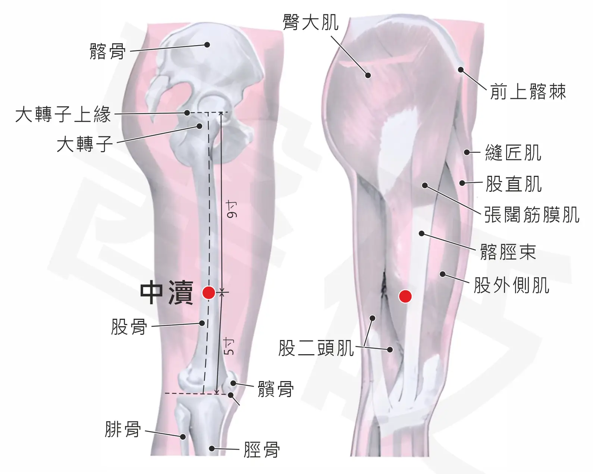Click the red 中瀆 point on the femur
coord(208,293)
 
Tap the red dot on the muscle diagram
coord(405,296)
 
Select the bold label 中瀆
coord(167,293)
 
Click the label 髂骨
coord(108,52)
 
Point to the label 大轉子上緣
coord(63,115)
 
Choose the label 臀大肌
coord(311,22)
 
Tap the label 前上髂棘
coord(528,91)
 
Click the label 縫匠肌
coord(513,153)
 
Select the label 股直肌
coord(514,184)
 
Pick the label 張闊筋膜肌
coord(532,215)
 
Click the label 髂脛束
coord(508,252)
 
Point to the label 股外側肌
coord(512,285)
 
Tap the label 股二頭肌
coord(316,348)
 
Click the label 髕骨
coord(276,389)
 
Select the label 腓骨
coord(123,429)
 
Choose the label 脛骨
coord(262,450)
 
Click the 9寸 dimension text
coord(231,210)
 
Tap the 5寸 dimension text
coord(229,346)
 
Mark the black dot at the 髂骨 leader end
coord(207,45)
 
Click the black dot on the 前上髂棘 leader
coord(461,70)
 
